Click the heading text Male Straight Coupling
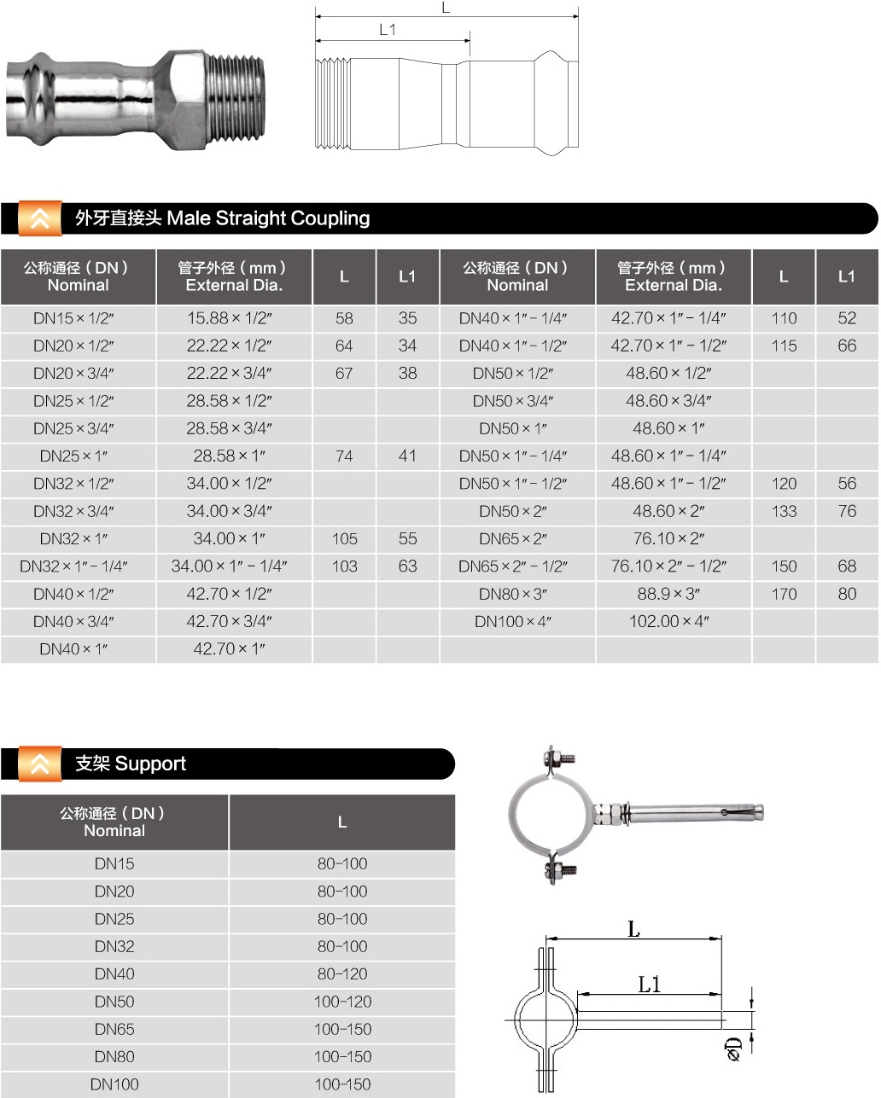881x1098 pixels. (x=268, y=218)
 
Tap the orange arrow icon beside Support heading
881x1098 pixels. (x=39, y=764)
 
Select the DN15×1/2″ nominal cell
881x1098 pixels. (x=73, y=319)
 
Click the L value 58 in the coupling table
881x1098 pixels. (x=344, y=319)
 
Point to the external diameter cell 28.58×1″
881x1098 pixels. (x=229, y=456)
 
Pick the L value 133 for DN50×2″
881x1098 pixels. (x=784, y=512)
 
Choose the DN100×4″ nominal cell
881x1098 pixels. (x=513, y=622)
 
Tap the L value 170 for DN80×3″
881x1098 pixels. (x=784, y=595)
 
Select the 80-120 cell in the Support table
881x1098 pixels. (x=342, y=974)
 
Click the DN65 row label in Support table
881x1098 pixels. (x=114, y=1030)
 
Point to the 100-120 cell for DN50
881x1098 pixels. (x=342, y=1002)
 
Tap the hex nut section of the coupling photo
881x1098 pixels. (x=184, y=101)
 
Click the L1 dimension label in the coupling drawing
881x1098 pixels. (x=388, y=30)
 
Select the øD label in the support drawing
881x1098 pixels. (x=732, y=1049)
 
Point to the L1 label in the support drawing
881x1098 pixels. (x=650, y=985)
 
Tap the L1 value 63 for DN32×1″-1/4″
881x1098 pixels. (x=408, y=566)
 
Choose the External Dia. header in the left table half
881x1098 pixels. (x=234, y=276)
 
